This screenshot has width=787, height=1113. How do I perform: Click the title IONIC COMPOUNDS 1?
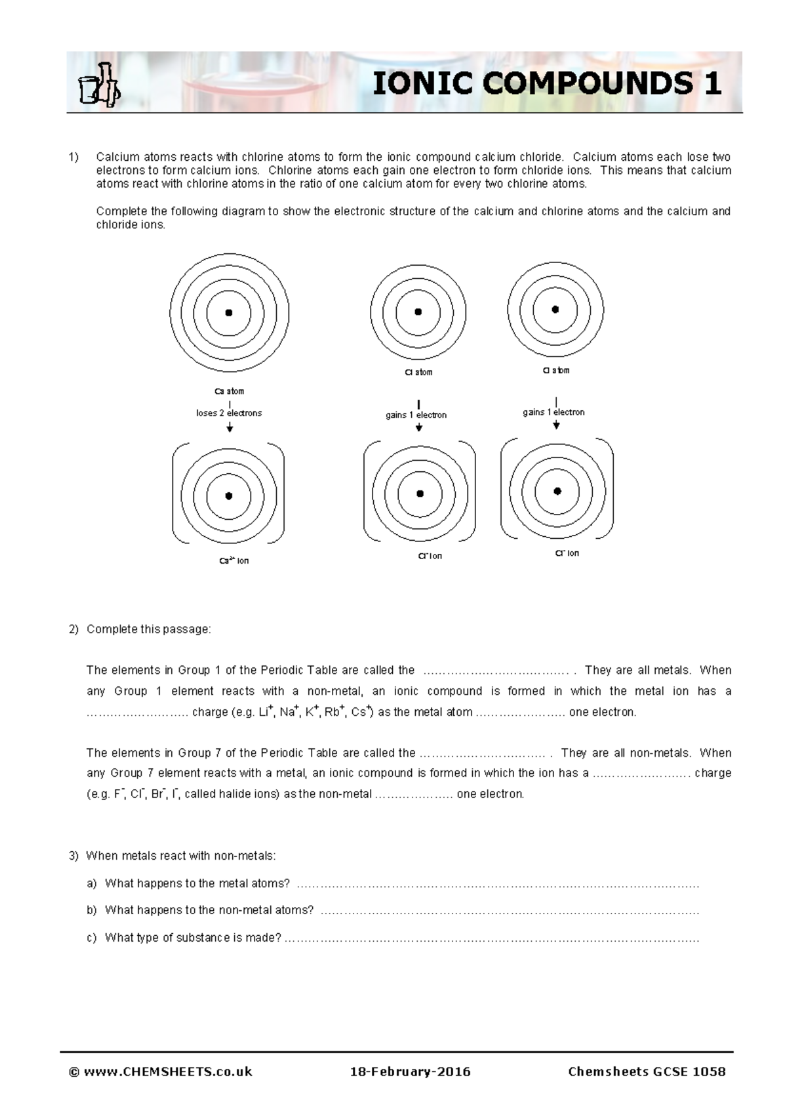[547, 83]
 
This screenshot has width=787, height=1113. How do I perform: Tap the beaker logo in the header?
[99, 85]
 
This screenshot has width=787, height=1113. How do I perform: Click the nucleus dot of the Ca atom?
[229, 313]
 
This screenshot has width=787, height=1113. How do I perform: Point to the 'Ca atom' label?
[229, 391]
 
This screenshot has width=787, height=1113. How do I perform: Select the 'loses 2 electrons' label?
[229, 413]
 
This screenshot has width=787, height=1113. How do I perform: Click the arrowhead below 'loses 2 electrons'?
[230, 429]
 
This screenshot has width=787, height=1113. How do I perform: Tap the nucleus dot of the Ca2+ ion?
[229, 496]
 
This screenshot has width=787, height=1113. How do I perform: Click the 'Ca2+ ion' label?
[234, 561]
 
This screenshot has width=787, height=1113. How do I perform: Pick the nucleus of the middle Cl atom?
[418, 312]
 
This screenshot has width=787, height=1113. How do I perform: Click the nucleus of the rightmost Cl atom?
[555, 309]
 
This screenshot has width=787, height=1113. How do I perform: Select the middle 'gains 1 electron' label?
[416, 415]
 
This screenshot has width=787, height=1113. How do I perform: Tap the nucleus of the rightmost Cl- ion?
[557, 491]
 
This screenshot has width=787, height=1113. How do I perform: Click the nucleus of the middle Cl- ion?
[420, 493]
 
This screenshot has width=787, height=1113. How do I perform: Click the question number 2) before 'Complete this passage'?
[73, 629]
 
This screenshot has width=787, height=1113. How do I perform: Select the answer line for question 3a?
[498, 885]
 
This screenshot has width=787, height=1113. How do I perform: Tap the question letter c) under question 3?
[91, 938]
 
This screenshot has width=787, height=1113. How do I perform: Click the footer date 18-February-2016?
[410, 1072]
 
